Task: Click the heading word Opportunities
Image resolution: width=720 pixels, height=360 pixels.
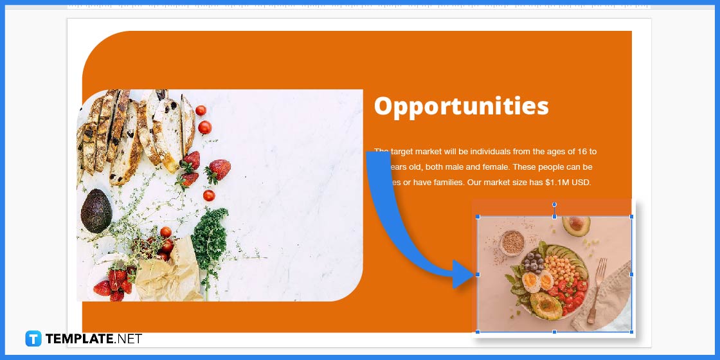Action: (461, 106)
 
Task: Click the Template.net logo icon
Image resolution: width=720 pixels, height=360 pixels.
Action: (33, 339)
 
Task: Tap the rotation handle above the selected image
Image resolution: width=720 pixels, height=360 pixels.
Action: (554, 204)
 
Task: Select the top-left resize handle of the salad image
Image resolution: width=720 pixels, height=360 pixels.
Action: (477, 217)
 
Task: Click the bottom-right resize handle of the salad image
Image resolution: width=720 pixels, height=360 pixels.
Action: (631, 332)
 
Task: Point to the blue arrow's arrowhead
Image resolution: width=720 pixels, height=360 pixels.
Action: (464, 274)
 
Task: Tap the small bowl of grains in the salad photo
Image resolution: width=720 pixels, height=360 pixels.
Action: (512, 242)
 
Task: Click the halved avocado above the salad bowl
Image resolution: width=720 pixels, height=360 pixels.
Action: (576, 224)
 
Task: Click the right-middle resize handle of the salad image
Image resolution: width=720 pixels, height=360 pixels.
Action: (631, 274)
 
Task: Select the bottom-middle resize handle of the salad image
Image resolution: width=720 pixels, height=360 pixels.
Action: (554, 332)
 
